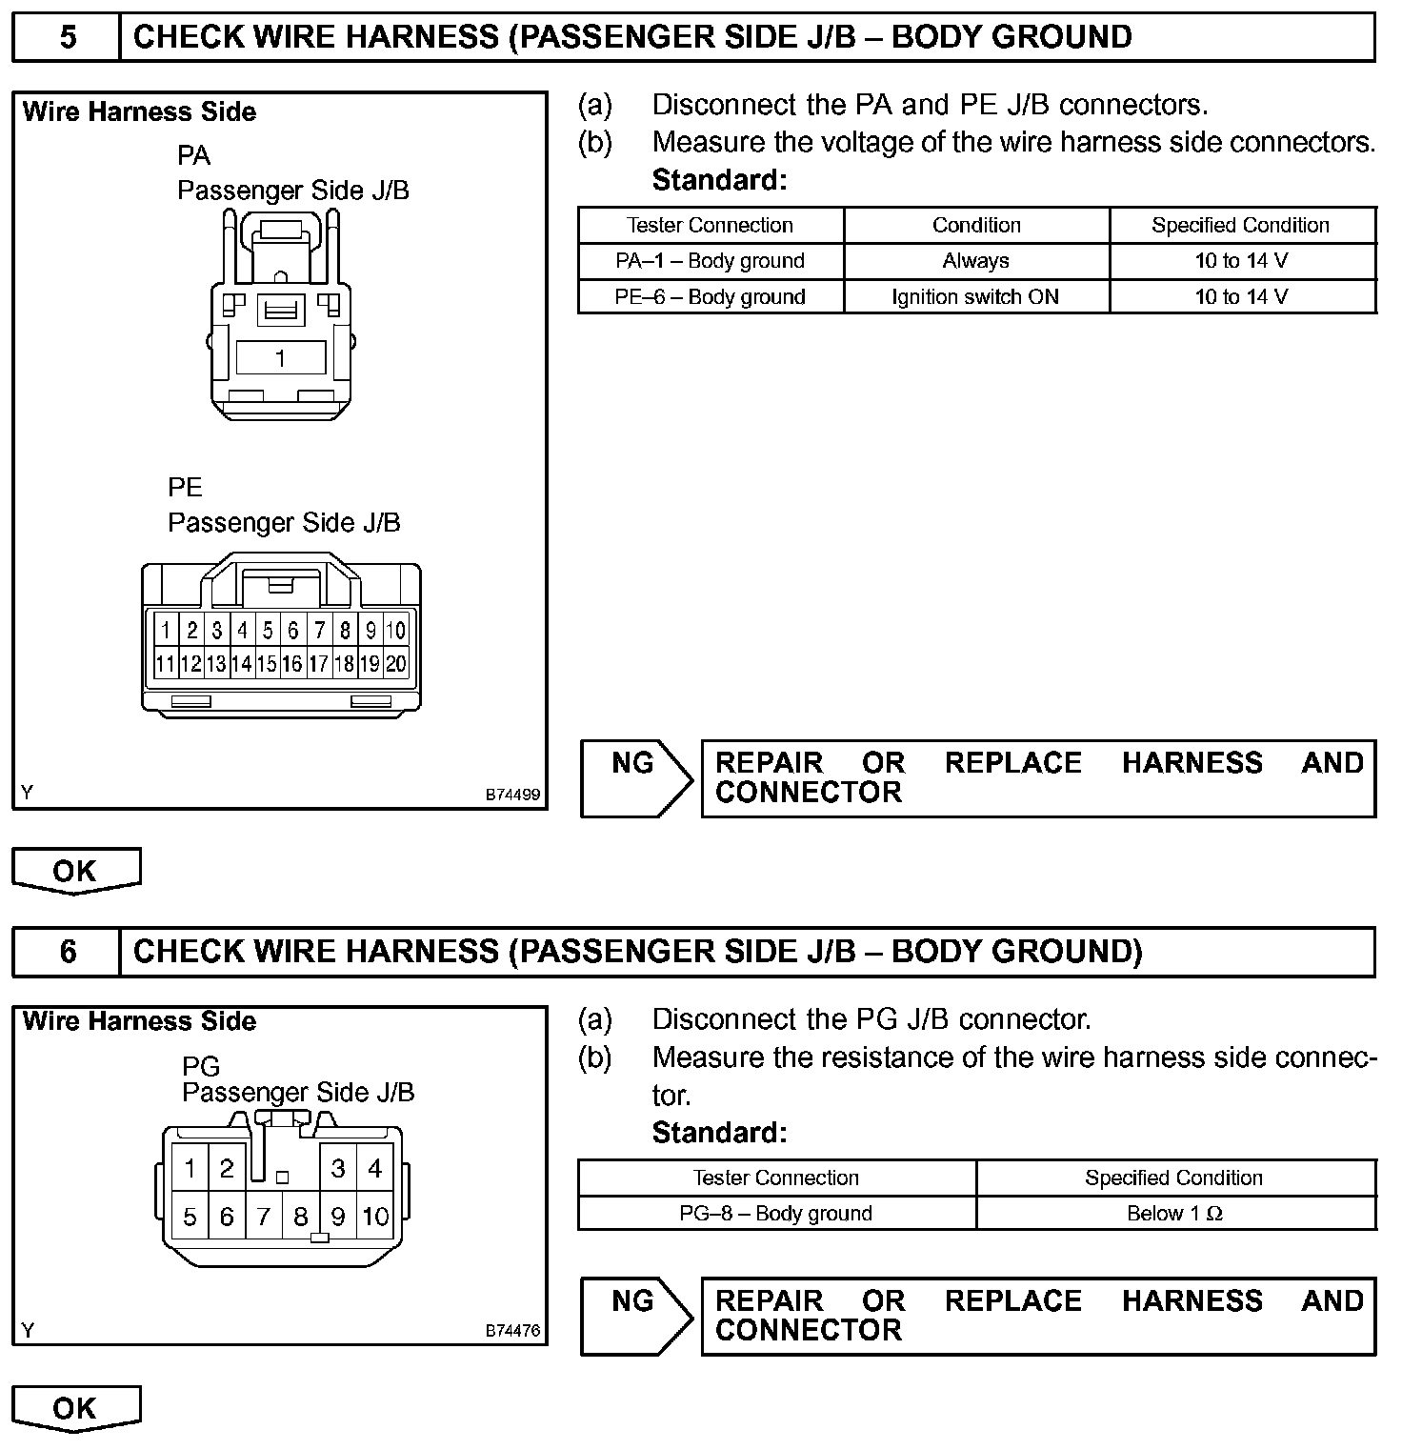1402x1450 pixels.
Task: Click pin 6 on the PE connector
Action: [293, 630]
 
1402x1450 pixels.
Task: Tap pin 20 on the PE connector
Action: [396, 663]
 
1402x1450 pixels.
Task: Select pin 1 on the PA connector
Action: [280, 358]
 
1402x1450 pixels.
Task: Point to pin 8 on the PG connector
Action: [301, 1217]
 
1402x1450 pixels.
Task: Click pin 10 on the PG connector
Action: [375, 1217]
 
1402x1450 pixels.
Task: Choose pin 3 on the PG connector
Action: [338, 1168]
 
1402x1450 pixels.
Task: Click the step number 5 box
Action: [67, 37]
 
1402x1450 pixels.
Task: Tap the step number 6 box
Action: [67, 952]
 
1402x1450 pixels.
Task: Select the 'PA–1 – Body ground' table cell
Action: [710, 261]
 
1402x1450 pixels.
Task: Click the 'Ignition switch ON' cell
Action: [975, 296]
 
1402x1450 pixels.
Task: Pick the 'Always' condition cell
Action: [975, 261]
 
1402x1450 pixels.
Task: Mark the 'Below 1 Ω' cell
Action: [1174, 1213]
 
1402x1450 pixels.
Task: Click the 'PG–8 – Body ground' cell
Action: [775, 1213]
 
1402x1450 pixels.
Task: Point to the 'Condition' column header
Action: [975, 225]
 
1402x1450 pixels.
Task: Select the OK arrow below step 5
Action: [75, 871]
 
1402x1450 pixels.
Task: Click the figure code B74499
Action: [512, 794]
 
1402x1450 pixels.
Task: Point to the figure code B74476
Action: [512, 1331]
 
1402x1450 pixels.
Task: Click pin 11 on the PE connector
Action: [166, 663]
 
